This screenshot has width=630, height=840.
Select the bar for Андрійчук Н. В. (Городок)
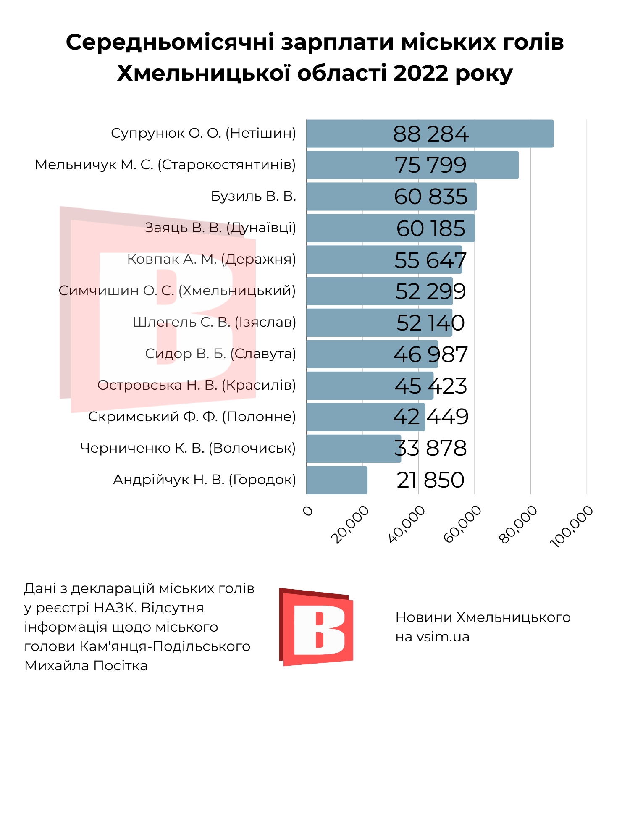coord(336,480)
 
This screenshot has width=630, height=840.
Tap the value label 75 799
coord(430,165)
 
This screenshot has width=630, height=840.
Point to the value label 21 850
coord(430,480)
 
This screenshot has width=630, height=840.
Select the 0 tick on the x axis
coord(308,511)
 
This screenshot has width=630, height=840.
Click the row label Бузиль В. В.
coord(253,196)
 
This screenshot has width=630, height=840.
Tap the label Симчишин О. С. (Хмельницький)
coord(177,291)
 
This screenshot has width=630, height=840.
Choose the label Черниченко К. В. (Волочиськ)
coord(188,448)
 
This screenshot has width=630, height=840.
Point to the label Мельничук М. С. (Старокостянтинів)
coord(165,165)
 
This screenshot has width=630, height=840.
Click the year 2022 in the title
coord(421,73)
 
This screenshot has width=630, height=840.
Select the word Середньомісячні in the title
coord(170,42)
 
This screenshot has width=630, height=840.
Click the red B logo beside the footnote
coord(316,627)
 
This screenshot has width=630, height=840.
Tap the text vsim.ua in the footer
coord(443,637)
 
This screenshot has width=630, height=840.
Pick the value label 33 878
coord(430,448)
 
